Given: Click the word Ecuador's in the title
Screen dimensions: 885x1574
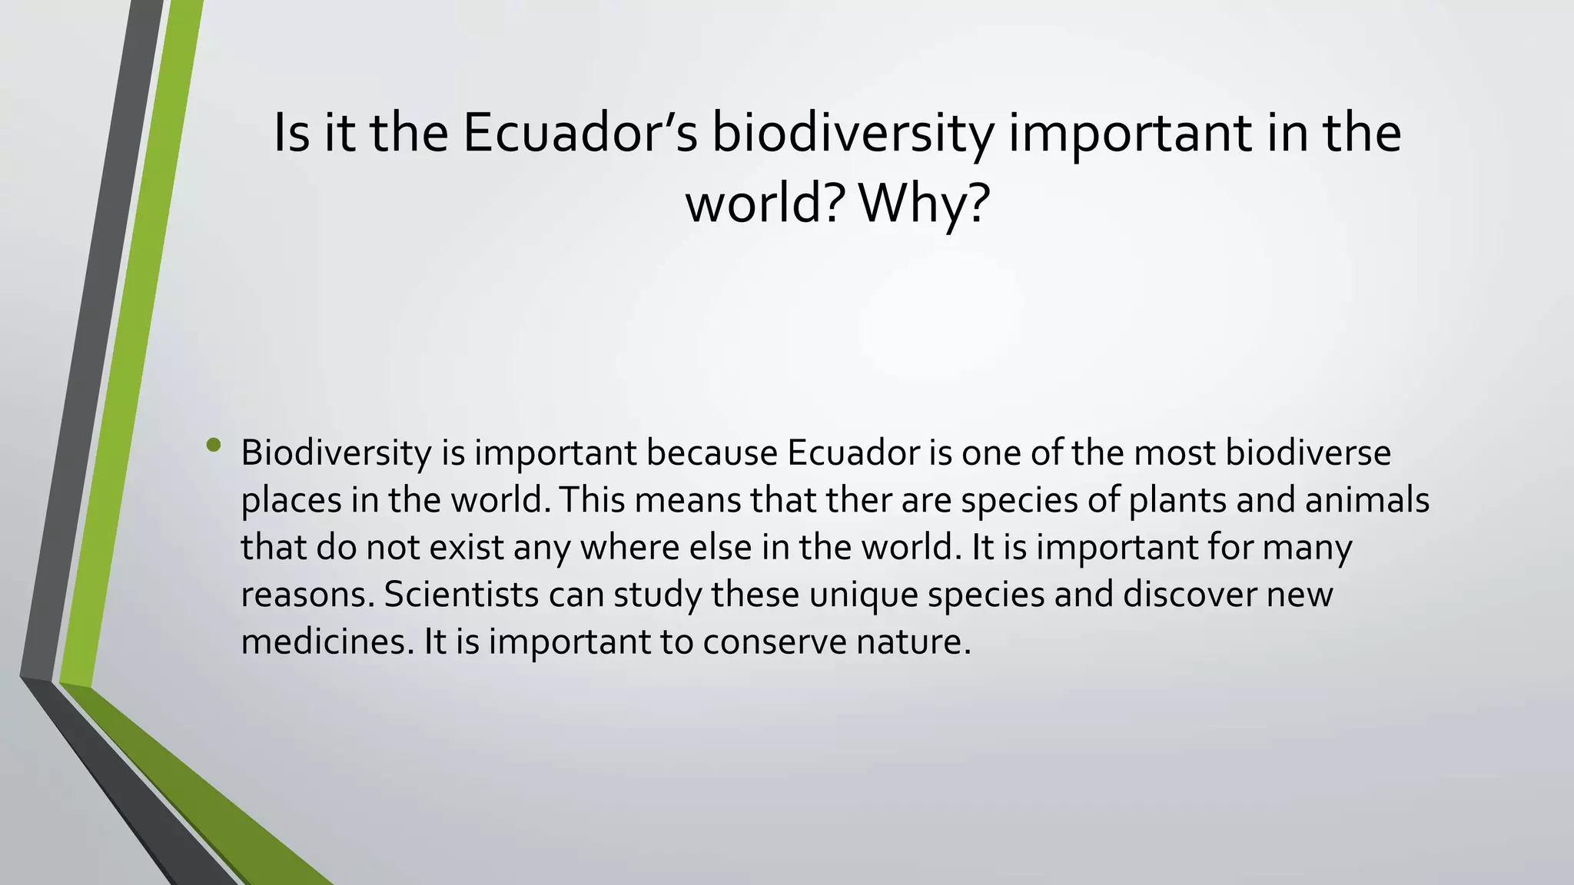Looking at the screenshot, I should point(580,133).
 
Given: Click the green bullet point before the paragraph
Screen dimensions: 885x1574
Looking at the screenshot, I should point(214,446).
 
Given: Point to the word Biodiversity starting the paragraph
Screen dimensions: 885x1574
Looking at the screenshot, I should point(336,454).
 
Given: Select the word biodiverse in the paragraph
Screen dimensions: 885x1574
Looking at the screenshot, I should point(1307,453).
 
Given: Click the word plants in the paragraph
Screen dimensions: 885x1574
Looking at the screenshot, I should point(1177,501).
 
